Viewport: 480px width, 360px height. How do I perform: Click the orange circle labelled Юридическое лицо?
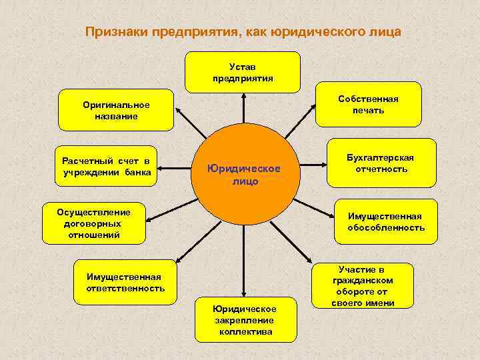[x=243, y=171]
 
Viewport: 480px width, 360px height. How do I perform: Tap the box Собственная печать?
[x=368, y=104]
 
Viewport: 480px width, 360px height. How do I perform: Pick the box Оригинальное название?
[x=116, y=110]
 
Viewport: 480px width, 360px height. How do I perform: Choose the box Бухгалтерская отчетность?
[x=380, y=163]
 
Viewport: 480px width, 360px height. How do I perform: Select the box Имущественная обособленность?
[x=385, y=222]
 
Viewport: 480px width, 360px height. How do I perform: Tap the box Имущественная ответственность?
[x=125, y=283]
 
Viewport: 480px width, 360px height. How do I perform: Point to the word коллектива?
[x=245, y=331]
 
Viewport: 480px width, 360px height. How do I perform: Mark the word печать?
[x=368, y=110]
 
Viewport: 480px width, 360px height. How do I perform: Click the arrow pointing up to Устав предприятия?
[x=243, y=107]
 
